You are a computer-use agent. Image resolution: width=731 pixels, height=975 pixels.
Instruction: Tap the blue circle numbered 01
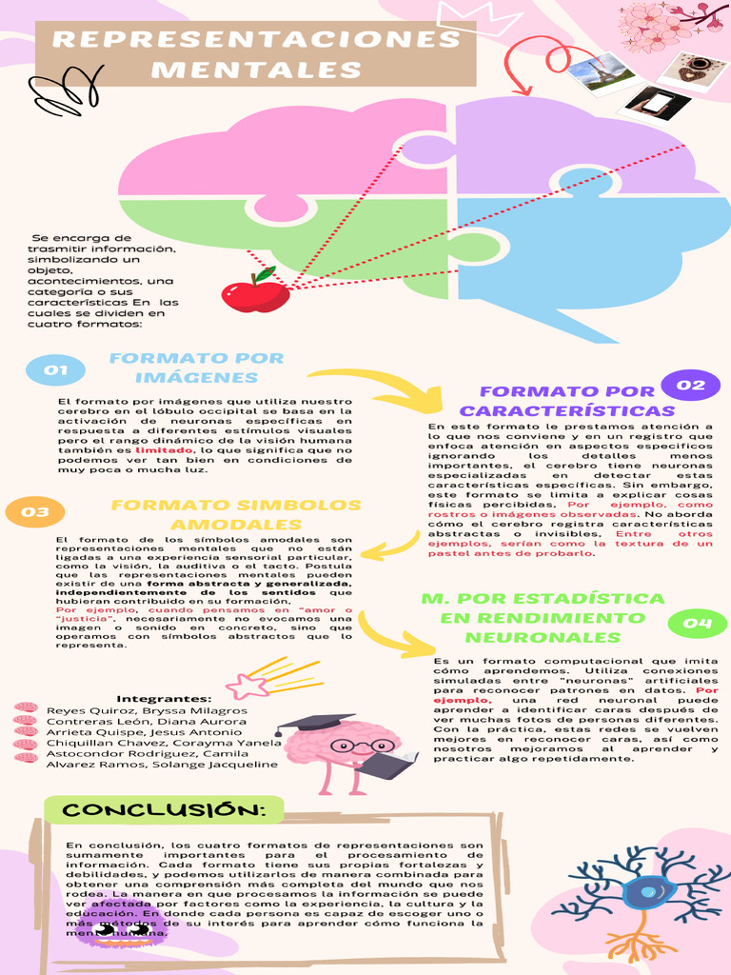click(x=55, y=369)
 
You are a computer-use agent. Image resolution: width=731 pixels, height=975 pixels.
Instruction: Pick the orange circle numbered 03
click(x=35, y=512)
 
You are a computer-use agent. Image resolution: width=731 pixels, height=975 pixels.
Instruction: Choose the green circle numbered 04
click(x=698, y=624)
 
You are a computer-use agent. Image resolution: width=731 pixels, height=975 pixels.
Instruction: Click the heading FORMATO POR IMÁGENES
click(x=197, y=368)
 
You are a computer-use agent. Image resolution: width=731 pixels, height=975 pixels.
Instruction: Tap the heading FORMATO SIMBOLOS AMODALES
click(x=236, y=515)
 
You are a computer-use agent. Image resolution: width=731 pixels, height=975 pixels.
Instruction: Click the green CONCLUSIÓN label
click(x=164, y=809)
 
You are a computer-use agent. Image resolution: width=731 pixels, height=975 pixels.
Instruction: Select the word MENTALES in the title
click(x=256, y=70)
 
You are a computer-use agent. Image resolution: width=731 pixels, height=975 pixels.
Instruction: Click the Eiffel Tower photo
click(x=602, y=72)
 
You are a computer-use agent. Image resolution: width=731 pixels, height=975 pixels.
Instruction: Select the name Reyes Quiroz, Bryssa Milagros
click(x=147, y=710)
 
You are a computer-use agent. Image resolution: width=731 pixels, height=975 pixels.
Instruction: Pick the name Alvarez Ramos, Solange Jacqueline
click(x=162, y=764)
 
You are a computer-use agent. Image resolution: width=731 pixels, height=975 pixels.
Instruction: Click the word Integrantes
click(x=164, y=698)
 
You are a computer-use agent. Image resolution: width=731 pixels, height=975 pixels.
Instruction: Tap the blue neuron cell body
click(x=647, y=892)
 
